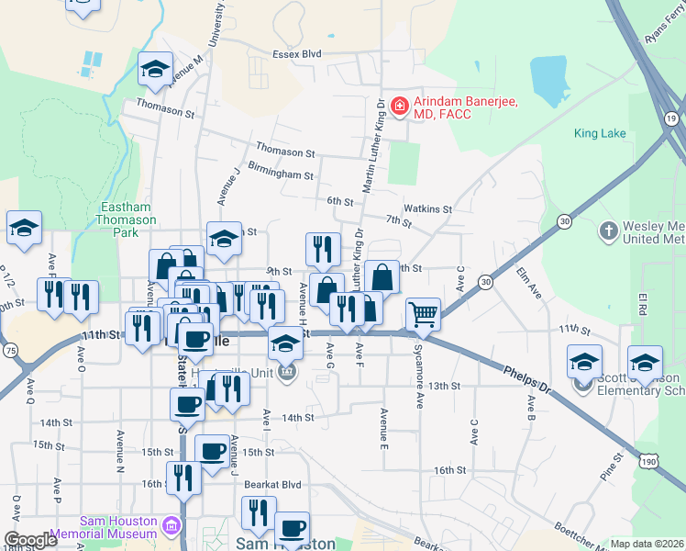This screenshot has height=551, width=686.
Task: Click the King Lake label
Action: pyautogui.click(x=600, y=133)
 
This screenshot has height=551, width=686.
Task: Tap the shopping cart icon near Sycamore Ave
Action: pyautogui.click(x=422, y=314)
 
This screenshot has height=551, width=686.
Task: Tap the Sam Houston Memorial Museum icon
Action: pyautogui.click(x=171, y=526)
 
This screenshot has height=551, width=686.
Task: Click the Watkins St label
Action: pyautogui.click(x=429, y=209)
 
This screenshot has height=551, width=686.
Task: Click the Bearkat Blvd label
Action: pyautogui.click(x=278, y=484)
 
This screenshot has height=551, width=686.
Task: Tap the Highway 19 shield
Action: pyautogui.click(x=672, y=120)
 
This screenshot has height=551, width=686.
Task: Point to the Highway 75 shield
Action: pyautogui.click(x=10, y=350)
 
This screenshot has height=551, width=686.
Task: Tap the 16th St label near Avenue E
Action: pyautogui.click(x=450, y=470)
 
